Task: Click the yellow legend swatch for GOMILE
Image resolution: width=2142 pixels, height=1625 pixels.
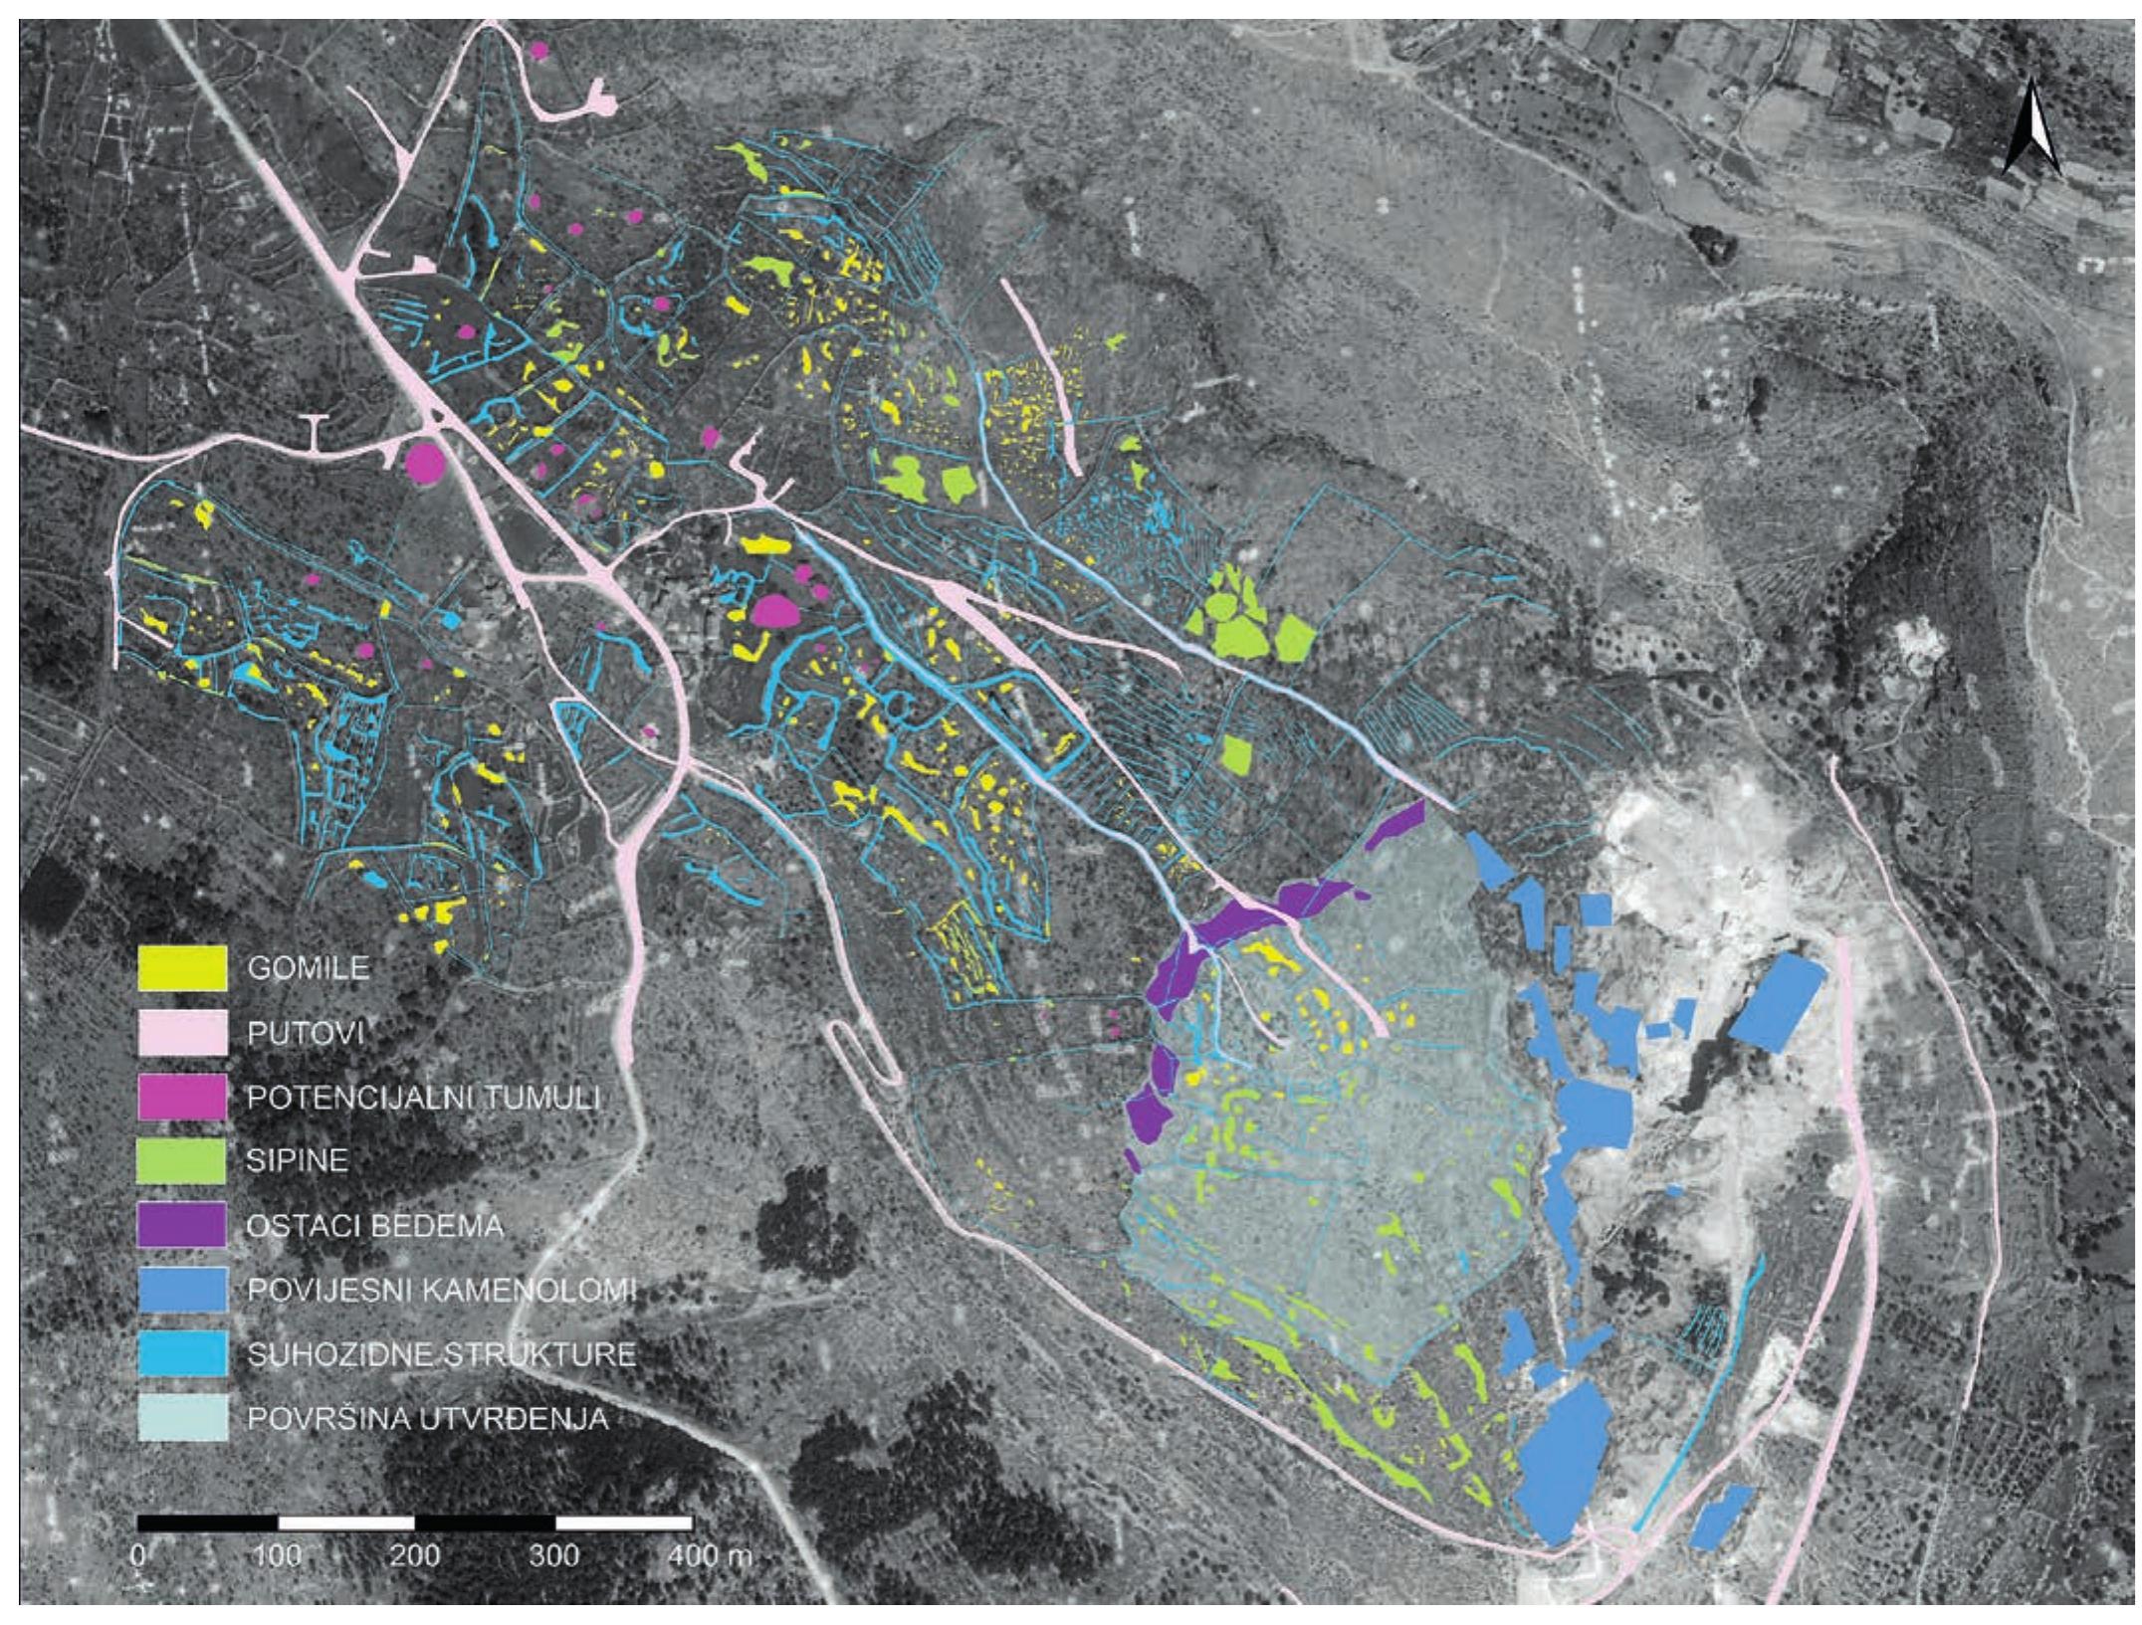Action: coord(182,968)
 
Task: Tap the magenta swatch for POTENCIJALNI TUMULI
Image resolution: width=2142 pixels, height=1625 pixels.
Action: coord(182,1098)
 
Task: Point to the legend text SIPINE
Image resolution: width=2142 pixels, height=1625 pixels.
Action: coord(298,1160)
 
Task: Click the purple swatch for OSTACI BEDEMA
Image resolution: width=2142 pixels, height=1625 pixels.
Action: coord(182,1225)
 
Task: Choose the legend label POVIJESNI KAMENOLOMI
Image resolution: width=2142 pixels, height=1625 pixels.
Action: coord(441,1291)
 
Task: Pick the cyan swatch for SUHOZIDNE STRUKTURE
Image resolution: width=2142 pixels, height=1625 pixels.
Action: coord(182,1354)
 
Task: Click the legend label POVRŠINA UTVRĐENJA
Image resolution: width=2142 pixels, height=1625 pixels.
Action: coord(427,1418)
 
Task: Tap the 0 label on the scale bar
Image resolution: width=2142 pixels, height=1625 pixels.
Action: coord(139,1556)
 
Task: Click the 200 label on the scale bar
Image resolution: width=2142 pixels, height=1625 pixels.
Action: coord(415,1556)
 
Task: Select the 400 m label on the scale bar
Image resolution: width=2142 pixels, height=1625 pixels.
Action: coord(710,1556)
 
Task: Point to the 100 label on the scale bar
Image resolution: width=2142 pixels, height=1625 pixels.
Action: coord(278,1556)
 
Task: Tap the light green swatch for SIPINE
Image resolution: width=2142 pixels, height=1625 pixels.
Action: coord(182,1161)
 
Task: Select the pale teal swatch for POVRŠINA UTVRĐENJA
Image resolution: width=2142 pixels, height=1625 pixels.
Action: coord(182,1417)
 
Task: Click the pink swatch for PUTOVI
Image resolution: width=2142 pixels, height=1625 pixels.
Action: coord(182,1033)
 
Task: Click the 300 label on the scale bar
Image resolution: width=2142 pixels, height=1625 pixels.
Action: coord(554,1556)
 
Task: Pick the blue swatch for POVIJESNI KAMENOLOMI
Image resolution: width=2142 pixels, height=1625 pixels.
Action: coord(182,1290)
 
